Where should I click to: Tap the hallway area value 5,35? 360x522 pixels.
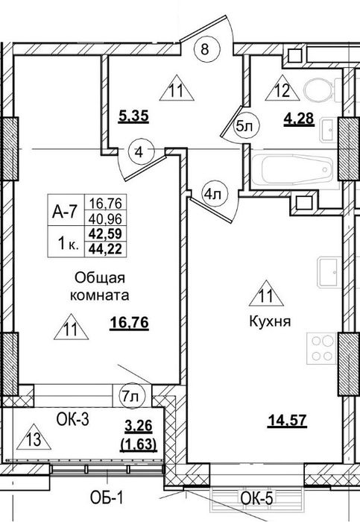133,117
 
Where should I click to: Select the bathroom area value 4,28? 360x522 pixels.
299,119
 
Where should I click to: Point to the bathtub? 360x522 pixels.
292,169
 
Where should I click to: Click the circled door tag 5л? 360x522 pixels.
247,126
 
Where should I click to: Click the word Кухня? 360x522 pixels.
270,321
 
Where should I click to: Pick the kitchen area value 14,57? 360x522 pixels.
287,421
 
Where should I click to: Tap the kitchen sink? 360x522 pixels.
329,272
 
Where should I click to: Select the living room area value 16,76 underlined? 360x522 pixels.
129,323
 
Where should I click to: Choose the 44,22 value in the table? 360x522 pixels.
106,248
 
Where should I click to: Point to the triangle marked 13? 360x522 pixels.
34,437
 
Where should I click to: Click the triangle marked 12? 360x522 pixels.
282,88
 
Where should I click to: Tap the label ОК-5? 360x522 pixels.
256,498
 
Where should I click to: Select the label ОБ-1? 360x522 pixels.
107,498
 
